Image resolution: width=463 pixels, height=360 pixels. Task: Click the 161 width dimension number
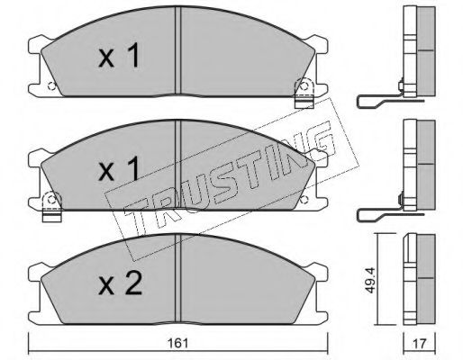(178, 343)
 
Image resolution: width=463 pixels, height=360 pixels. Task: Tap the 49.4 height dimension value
(371, 281)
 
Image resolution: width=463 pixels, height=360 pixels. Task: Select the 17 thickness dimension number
(419, 344)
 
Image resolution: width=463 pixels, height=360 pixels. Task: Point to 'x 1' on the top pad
(119, 55)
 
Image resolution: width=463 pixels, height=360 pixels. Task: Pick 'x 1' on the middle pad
(119, 168)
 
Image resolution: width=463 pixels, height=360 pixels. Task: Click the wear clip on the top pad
(304, 93)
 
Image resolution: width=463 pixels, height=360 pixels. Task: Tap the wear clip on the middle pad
(52, 207)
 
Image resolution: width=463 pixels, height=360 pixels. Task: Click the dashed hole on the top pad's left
(51, 86)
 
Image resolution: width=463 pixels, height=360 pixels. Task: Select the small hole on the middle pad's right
(304, 199)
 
